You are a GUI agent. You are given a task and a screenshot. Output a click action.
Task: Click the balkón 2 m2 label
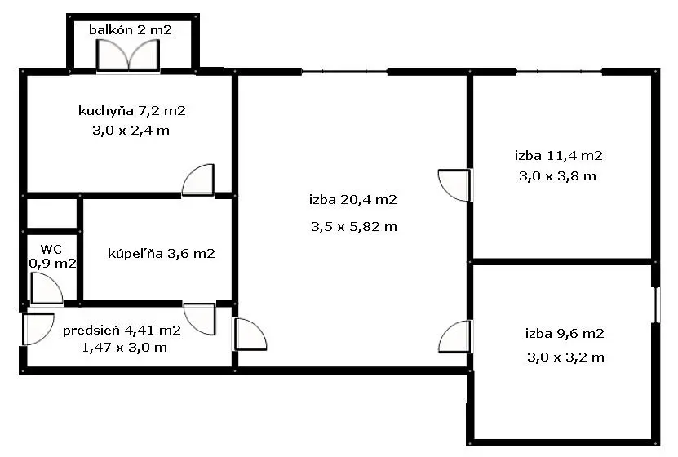131,30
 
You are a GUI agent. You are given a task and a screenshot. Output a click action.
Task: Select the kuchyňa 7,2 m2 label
132,111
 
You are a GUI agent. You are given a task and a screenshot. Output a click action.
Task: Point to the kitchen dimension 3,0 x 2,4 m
131,130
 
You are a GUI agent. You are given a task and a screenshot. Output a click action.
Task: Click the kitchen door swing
198,180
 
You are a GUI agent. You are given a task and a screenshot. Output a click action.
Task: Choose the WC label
51,249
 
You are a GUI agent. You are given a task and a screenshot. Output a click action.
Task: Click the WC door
47,288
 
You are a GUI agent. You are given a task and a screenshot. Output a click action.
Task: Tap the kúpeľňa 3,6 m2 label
161,253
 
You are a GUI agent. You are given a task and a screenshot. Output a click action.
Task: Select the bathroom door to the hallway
199,319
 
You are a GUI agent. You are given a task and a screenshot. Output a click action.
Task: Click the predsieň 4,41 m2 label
122,331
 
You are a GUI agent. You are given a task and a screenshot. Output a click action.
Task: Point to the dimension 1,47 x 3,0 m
125,348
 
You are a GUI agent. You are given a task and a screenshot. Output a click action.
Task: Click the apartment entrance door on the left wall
38,330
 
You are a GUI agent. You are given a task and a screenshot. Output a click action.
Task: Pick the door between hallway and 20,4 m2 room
250,335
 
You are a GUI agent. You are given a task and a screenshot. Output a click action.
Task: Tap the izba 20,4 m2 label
352,200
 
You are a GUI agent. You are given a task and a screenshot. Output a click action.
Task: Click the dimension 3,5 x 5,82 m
354,227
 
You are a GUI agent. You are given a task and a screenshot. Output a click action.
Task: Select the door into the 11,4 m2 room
454,185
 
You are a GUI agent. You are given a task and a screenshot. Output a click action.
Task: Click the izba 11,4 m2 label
558,156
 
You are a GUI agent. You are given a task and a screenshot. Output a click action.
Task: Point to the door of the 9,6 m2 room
455,336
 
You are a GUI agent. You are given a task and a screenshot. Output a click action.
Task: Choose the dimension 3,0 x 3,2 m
565,357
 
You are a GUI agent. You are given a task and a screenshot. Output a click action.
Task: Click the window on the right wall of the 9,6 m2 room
658,305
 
